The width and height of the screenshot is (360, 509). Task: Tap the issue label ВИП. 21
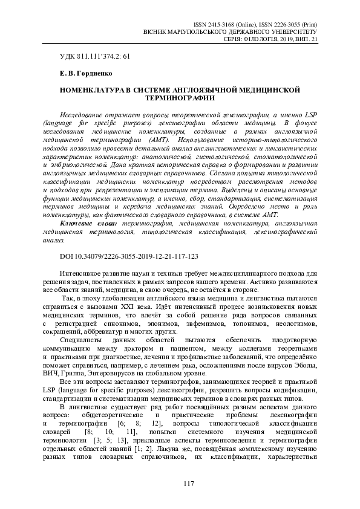click(306, 38)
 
